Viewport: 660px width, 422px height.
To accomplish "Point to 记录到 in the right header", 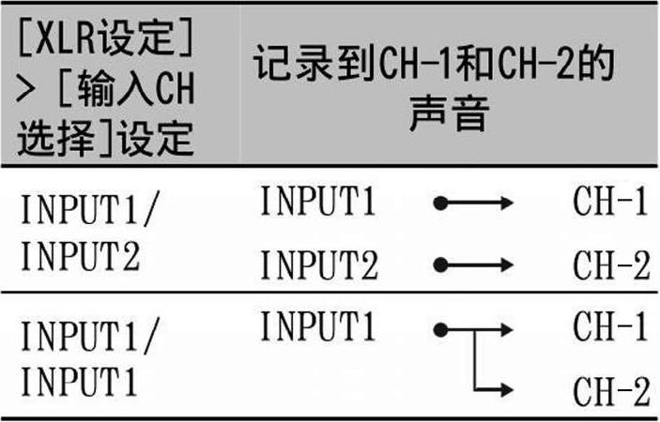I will pos(302,67).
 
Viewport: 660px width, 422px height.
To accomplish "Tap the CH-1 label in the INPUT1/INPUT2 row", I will pos(610,203).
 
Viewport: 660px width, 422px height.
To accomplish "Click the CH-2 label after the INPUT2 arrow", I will pos(610,265).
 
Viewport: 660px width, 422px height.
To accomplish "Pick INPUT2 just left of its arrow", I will pos(319,265).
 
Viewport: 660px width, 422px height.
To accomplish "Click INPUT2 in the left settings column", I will pos(80,255).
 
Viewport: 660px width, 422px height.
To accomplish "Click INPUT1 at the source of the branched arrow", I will pos(319,328).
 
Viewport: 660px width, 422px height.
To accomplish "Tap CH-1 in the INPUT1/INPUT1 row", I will pos(610,328).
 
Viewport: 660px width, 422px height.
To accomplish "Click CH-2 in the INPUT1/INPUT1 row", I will pos(610,390).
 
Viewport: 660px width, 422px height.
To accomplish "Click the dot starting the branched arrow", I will pos(438,329).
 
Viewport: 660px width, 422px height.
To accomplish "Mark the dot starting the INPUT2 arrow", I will pos(438,265).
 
